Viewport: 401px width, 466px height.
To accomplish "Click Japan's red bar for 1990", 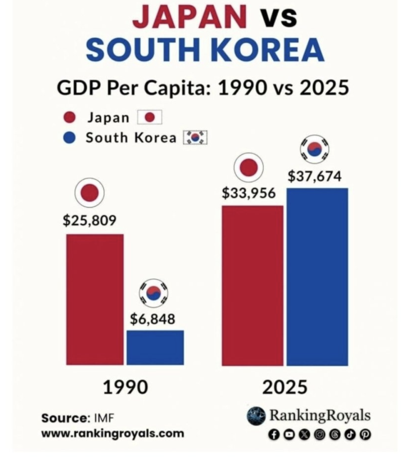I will tap(95, 300).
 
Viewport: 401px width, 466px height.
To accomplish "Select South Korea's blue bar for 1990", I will tap(155, 348).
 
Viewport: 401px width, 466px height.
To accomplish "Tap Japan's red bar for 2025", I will tap(252, 286).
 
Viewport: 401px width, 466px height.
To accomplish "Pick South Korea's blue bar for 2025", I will tap(317, 277).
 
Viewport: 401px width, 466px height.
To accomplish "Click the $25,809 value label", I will tap(89, 220).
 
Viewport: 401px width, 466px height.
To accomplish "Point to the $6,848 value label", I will tap(152, 318).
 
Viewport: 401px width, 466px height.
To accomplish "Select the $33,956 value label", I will tap(249, 193).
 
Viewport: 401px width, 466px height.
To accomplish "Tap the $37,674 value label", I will tap(315, 176).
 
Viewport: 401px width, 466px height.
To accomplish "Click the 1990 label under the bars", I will tap(125, 387).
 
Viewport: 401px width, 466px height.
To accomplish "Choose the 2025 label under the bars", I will tap(285, 387).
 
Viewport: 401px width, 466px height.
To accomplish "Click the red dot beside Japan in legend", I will tap(70, 118).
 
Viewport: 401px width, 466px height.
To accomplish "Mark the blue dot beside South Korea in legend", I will tap(70, 138).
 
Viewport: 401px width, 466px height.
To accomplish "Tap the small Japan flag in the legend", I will tap(150, 118).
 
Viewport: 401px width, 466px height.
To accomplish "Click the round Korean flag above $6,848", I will tap(154, 293).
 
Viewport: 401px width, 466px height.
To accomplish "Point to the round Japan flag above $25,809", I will tap(89, 193).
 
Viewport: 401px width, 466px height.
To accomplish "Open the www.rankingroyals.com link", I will tap(112, 434).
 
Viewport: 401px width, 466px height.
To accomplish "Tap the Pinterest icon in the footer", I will tap(367, 434).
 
